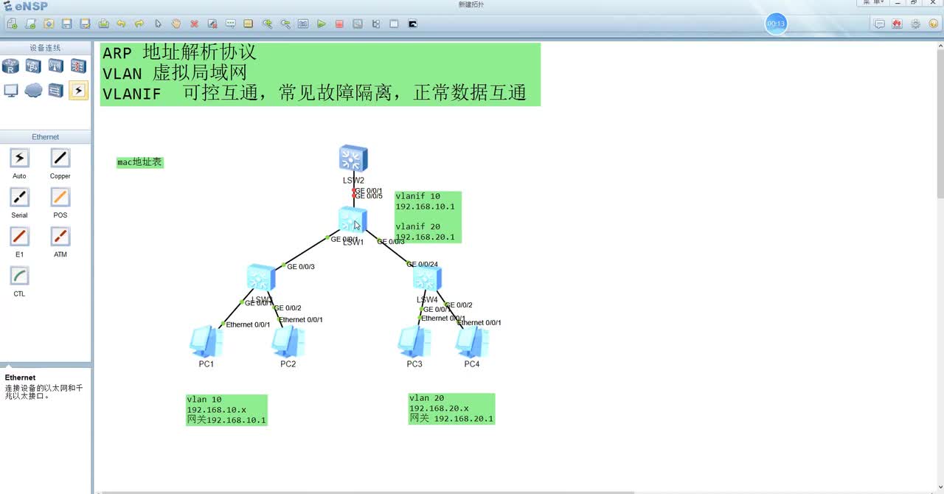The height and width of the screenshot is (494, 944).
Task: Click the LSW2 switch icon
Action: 353,159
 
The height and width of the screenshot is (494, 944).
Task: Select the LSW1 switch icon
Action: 353,220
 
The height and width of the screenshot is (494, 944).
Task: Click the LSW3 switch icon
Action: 261,277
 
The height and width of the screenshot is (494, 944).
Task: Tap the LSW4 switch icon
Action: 427,278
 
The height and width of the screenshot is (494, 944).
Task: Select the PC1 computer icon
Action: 206,342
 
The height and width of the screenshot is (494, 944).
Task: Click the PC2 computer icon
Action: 288,342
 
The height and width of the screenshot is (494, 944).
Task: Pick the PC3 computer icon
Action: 414,342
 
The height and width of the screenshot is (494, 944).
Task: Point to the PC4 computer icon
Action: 472,342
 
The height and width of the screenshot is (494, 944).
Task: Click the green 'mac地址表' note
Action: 139,162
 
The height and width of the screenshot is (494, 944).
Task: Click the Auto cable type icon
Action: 19,158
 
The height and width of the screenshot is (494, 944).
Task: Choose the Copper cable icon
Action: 60,158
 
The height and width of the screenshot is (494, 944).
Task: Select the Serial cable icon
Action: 19,197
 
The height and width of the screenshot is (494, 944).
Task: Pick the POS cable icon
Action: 60,197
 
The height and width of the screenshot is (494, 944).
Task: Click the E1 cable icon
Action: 19,236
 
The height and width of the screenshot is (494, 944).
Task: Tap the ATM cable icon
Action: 60,236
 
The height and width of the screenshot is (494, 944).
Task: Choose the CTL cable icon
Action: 19,276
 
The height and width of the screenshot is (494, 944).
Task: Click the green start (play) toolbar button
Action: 322,24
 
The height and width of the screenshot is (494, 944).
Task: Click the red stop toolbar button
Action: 339,24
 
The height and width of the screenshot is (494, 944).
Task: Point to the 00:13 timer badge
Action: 776,24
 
